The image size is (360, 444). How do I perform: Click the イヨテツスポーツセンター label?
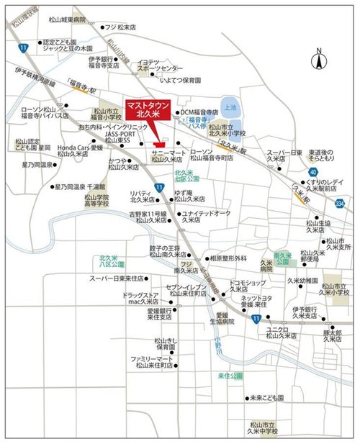point(160,67)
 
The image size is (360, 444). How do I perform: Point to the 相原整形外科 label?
point(228,258)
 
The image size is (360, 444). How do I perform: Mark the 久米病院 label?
point(267,272)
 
